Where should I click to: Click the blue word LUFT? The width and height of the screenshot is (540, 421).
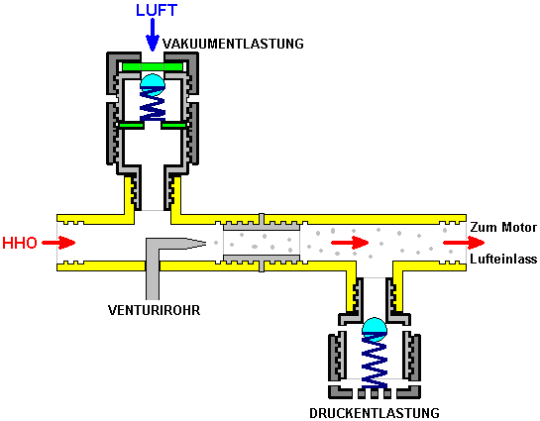coord(157,10)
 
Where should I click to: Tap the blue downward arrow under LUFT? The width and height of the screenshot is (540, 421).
coord(153,35)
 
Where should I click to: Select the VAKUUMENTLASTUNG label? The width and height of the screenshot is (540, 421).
coord(233,44)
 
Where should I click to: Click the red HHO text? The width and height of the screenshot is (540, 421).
coord(20,243)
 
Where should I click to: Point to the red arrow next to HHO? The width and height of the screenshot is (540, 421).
coord(58,243)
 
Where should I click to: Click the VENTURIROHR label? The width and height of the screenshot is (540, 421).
coord(154,310)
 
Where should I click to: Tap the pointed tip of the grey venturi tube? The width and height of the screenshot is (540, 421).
coord(206,244)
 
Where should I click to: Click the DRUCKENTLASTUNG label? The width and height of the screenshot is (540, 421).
coord(375,413)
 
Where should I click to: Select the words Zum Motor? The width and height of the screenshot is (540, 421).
coord(503,227)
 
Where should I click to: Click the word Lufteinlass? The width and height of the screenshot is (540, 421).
coord(503,259)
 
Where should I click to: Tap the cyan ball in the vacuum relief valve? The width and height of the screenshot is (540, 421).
coord(153,83)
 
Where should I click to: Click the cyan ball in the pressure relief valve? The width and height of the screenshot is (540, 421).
coord(375,330)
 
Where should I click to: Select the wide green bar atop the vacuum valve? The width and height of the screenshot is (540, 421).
coord(153,66)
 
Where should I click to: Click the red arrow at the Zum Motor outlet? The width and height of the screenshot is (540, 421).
coord(464,243)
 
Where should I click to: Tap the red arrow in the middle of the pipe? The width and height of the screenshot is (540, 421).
coord(350,243)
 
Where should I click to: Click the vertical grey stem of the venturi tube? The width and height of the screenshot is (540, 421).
coord(153,272)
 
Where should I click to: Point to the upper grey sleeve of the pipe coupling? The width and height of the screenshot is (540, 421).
coord(262,224)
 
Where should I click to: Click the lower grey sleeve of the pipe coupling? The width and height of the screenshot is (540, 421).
coord(262,261)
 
